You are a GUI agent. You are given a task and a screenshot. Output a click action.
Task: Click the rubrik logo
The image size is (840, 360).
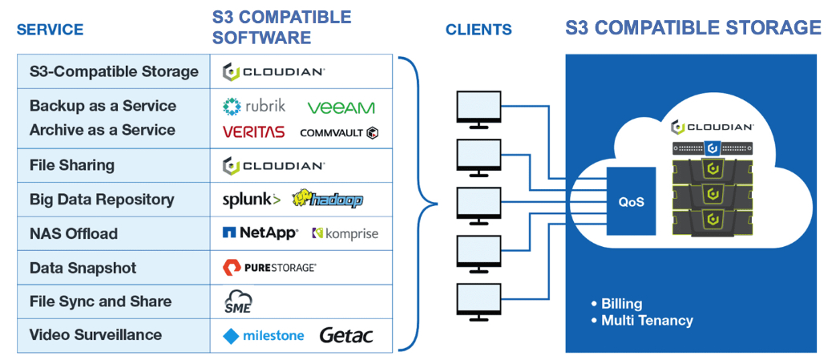tap(254, 107)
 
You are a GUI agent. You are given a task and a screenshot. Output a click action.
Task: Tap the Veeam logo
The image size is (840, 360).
tap(341, 107)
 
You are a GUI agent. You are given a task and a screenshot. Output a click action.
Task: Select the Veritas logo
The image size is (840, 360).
tap(254, 131)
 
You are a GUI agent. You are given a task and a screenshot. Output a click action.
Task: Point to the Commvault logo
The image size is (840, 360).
tap(340, 132)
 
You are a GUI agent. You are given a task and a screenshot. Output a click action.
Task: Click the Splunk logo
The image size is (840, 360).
tap(251, 200)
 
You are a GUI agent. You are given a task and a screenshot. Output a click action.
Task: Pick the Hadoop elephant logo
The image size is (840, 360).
tap(328, 200)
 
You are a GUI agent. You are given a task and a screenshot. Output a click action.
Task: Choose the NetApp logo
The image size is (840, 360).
tap(260, 233)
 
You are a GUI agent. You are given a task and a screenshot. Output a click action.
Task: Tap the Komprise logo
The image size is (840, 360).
tap(345, 233)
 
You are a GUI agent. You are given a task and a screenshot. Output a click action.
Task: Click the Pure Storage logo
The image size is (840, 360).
tap(269, 267)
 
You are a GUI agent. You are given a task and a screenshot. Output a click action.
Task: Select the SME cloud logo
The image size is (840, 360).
tap(238, 301)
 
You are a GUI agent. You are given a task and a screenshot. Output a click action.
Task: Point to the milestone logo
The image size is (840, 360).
tap(263, 336)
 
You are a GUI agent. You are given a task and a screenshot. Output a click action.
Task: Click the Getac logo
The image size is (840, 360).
tap(346, 335)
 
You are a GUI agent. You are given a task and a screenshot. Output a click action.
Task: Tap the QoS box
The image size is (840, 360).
tap(631, 202)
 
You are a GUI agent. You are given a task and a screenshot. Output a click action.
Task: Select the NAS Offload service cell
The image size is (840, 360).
tap(114, 233)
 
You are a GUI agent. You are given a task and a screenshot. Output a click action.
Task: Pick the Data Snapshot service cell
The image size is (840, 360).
tap(114, 268)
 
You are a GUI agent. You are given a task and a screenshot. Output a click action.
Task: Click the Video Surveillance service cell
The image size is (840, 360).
tap(114, 335)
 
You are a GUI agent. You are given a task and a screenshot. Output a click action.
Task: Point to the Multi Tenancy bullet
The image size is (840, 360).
tap(642, 321)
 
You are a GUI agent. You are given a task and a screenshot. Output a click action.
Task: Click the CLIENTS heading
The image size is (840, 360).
tap(479, 30)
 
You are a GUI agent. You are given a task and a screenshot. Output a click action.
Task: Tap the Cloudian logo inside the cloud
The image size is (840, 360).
tap(713, 128)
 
